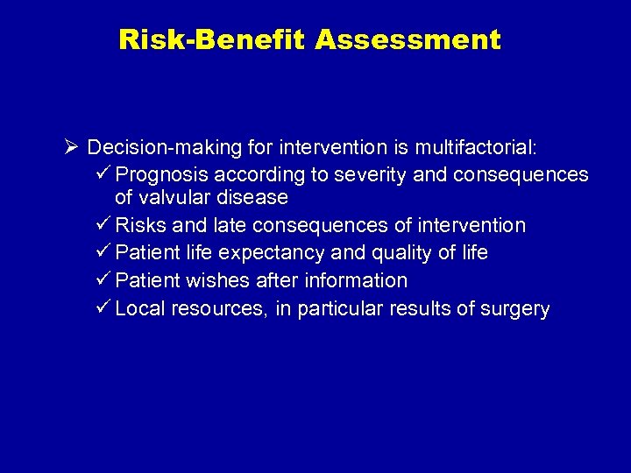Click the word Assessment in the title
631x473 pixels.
pyautogui.click(x=409, y=40)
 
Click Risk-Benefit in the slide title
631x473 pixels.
pyautogui.click(x=214, y=40)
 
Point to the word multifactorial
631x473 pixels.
pyautogui.click(x=484, y=146)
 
